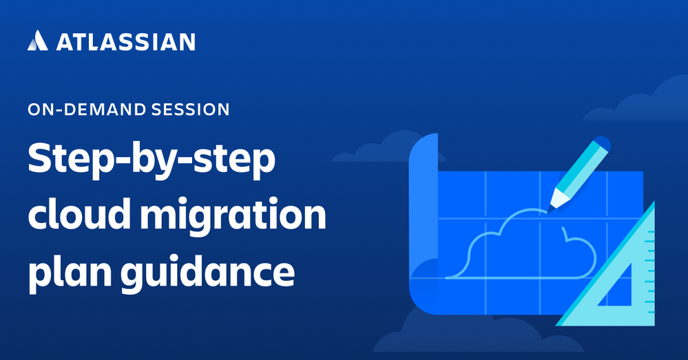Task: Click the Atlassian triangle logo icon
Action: (x=38, y=41)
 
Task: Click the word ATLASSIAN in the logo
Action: (x=125, y=42)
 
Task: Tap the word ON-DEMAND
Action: (x=87, y=109)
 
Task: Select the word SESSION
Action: (x=190, y=109)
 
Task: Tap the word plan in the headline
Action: (x=70, y=273)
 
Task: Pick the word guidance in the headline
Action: (x=207, y=273)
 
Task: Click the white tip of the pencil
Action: (x=556, y=199)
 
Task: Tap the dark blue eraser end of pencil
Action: (x=601, y=145)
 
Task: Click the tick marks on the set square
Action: (x=649, y=272)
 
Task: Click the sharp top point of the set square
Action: (x=654, y=202)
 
